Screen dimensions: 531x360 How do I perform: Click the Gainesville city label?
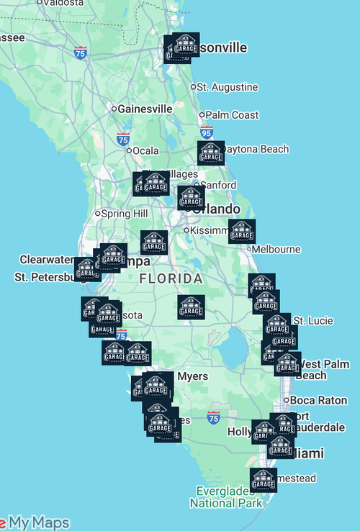[x=146, y=109]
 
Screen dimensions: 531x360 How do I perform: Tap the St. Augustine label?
[x=227, y=87]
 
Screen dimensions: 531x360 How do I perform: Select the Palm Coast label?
[x=232, y=115]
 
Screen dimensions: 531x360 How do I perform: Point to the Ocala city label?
[x=145, y=150]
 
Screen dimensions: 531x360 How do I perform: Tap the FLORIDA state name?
[x=171, y=278]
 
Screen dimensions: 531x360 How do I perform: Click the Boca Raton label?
[x=318, y=400]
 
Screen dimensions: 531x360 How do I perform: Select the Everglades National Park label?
[x=226, y=497]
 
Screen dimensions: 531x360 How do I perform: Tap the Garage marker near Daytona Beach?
[x=211, y=153]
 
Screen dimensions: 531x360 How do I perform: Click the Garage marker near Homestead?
[x=264, y=480]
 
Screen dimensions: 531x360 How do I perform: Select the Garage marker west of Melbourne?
[x=242, y=232]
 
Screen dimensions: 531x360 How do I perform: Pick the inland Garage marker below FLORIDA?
[x=191, y=307]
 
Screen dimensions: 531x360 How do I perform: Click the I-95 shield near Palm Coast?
[x=207, y=132]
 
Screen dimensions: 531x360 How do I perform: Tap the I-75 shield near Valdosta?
[x=80, y=52]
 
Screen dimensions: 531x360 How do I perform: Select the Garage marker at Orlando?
[x=191, y=198]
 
